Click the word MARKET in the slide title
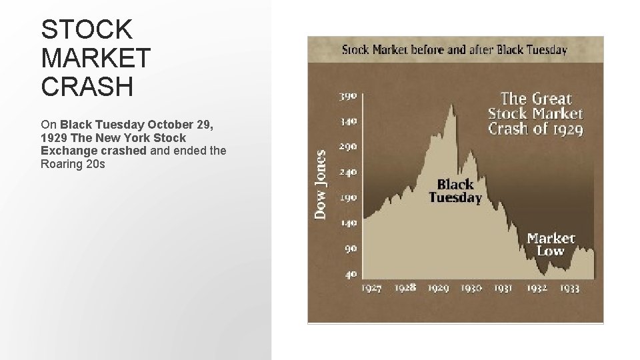click(96, 58)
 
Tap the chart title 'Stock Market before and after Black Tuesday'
click(455, 49)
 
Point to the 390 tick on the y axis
click(349, 95)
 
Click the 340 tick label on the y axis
click(349, 121)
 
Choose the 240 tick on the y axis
click(349, 172)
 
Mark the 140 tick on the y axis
click(349, 223)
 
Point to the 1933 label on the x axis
click(569, 288)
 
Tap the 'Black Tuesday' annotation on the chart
click(455, 191)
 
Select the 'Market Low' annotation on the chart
click(551, 244)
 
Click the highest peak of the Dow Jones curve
click(453, 105)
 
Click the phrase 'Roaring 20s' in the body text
click(73, 163)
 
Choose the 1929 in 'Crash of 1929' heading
click(566, 128)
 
